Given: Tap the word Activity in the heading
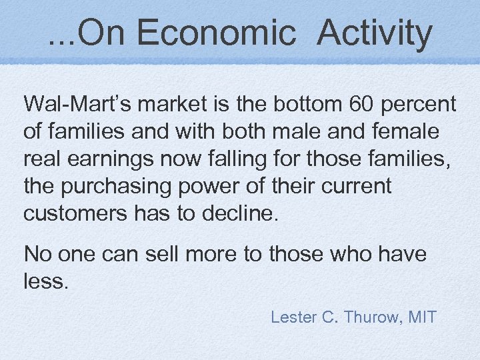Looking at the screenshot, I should click(375, 33).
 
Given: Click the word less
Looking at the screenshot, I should click(45, 281).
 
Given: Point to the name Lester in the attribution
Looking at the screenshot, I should click(293, 317).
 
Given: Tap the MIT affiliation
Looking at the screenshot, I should click(421, 317).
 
